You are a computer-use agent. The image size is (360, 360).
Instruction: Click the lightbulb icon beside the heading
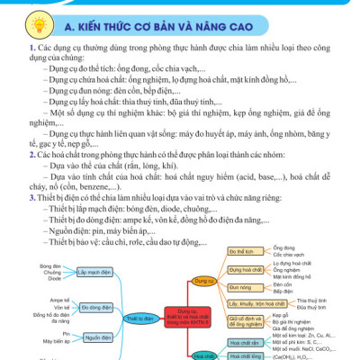(20, 20)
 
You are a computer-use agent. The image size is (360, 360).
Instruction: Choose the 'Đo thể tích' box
(244, 247)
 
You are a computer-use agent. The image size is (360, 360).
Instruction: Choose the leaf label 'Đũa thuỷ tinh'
(313, 308)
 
